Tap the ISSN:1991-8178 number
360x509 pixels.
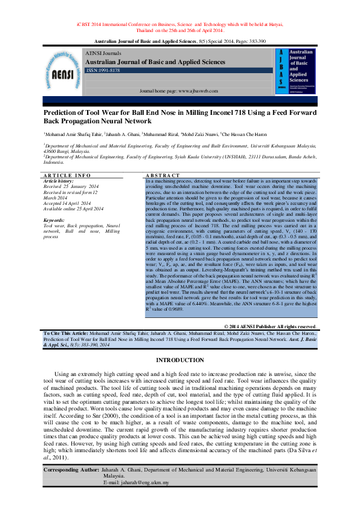(103, 71)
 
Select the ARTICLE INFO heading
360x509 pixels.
(67, 175)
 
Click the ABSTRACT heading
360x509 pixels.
(163, 175)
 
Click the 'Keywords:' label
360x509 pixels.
(54, 220)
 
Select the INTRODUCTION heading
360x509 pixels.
(180, 360)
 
